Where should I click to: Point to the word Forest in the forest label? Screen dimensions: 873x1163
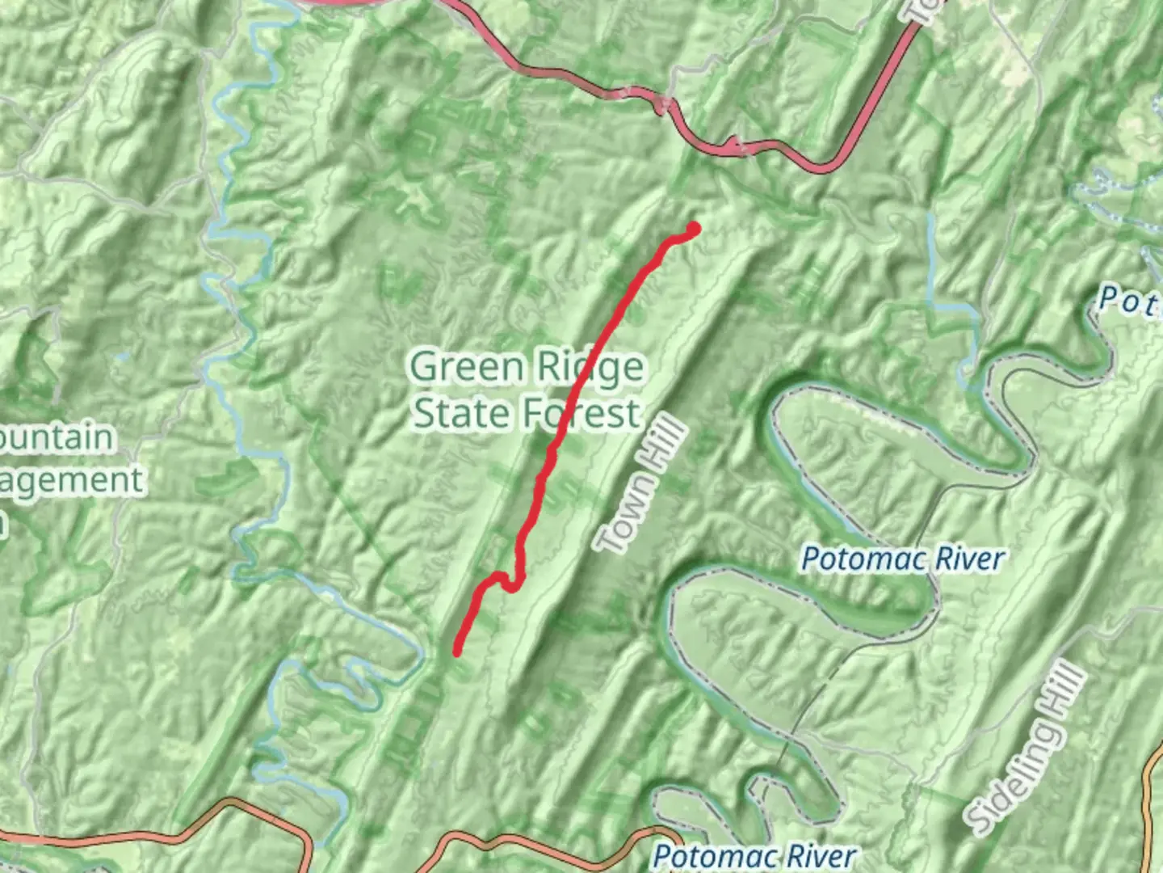tap(581, 413)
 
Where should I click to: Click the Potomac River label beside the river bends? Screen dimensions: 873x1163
tap(902, 559)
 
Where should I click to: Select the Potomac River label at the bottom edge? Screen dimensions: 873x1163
tap(754, 856)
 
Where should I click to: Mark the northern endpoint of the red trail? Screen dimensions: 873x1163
tap(693, 229)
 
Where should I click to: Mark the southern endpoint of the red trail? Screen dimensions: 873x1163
tap(457, 651)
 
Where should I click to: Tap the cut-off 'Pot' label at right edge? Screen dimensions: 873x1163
tap(1129, 302)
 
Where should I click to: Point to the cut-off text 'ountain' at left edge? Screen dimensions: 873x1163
tap(57, 437)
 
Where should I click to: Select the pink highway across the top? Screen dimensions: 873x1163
tap(565, 77)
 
